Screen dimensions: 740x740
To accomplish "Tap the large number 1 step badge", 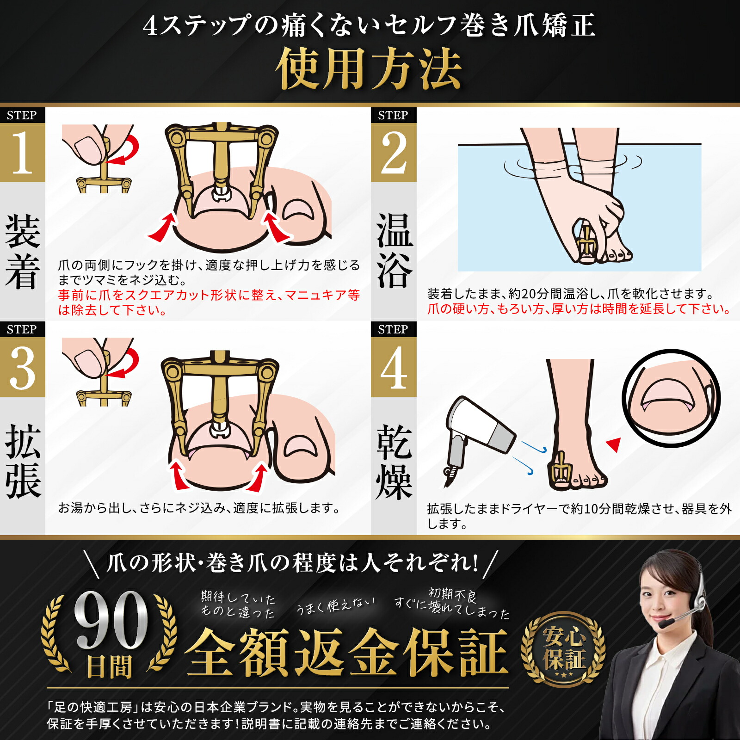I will (22, 153).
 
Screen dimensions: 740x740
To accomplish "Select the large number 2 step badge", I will (394, 153).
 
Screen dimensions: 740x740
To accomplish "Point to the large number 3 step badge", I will (22, 368).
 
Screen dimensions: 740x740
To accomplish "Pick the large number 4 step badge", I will (394, 368).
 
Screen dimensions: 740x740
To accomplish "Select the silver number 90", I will (111, 620).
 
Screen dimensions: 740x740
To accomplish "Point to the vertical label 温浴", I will (394, 250).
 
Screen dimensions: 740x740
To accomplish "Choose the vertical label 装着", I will (22, 250).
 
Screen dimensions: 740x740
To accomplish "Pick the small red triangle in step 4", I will (614, 444).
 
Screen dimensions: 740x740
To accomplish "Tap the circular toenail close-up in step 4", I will (671, 398).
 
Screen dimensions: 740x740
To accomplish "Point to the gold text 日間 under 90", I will (110, 667).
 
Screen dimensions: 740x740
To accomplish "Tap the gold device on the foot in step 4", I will (561, 469).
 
